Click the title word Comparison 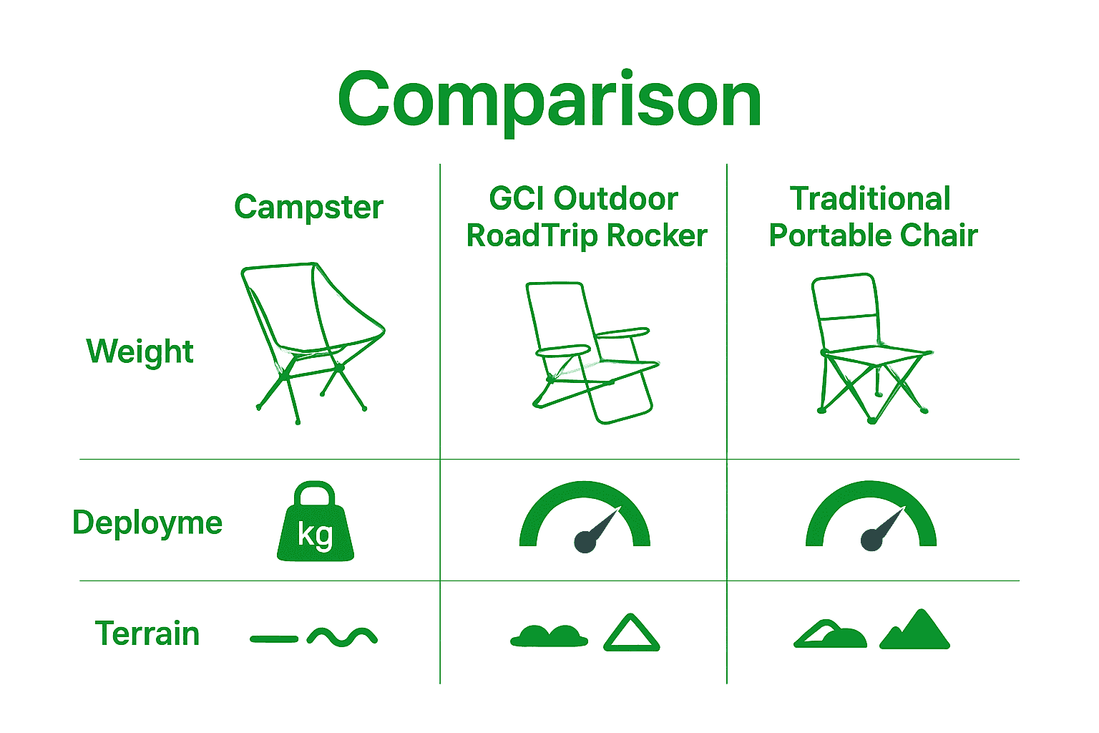point(549,100)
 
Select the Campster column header point(308,208)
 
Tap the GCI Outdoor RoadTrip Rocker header point(586,217)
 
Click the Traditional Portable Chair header point(873,217)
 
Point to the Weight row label point(140,351)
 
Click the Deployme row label point(147,523)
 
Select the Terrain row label point(147,634)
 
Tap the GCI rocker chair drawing point(590,351)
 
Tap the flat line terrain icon point(274,639)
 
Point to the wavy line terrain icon point(342,636)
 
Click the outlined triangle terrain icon point(631,634)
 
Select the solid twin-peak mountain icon point(914,631)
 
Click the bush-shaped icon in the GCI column point(549,636)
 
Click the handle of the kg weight point(315,492)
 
